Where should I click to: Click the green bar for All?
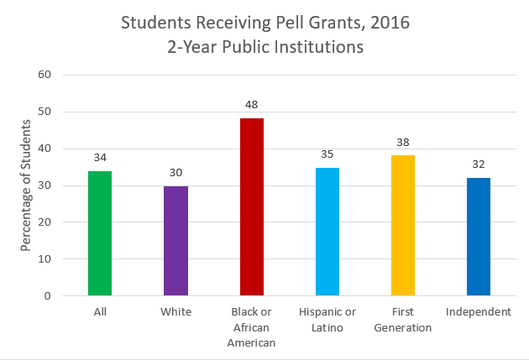(100, 233)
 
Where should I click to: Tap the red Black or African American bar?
(251, 206)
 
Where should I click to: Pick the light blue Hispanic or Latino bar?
(327, 232)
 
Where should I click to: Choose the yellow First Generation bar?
(402, 226)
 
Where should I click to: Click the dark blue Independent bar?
(478, 237)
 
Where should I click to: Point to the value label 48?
(251, 105)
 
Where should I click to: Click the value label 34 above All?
(100, 157)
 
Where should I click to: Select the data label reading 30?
(175, 172)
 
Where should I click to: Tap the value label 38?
(402, 142)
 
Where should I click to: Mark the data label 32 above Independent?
(478, 164)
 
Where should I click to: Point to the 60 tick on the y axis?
(45, 75)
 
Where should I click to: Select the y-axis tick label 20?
(45, 222)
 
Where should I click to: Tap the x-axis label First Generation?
(402, 320)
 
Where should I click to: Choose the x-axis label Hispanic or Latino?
(327, 320)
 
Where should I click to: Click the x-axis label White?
(175, 312)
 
